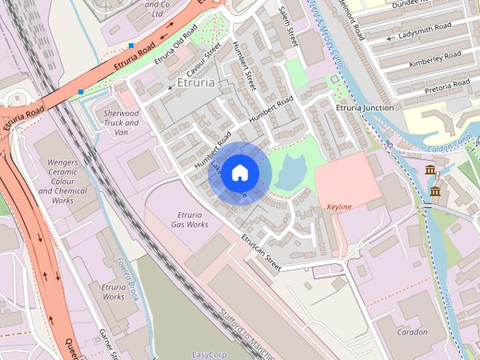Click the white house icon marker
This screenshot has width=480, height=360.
[x=239, y=172]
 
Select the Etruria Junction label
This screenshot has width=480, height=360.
[x=364, y=108]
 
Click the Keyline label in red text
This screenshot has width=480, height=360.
[x=339, y=207]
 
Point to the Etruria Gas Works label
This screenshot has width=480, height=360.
[x=190, y=220]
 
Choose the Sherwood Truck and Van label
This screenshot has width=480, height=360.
[x=121, y=122]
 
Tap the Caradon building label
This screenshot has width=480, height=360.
[x=412, y=331]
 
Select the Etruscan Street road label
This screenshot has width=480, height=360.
[x=260, y=252]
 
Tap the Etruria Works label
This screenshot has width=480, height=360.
[x=113, y=291]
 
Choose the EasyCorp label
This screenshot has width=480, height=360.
[x=210, y=355]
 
